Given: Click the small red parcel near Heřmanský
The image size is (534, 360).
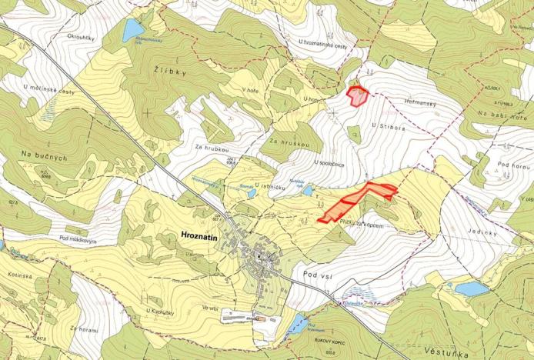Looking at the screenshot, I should coord(358,96).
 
